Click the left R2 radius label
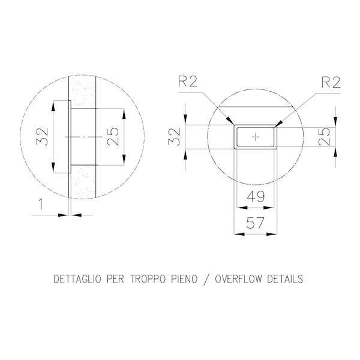(188, 82)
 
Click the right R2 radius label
(331, 82)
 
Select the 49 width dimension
(256, 197)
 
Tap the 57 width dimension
(256, 223)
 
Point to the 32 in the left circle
(42, 137)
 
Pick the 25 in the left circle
(113, 137)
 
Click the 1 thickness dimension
(41, 204)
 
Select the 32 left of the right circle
(174, 137)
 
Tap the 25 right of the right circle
(324, 137)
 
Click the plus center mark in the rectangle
(256, 137)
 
